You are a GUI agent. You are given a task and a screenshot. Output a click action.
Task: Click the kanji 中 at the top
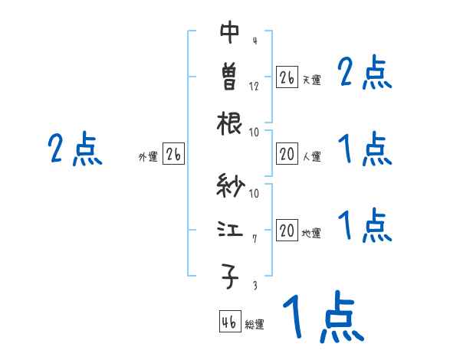coord(230,33)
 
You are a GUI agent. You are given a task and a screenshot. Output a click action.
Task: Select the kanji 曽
coord(230,77)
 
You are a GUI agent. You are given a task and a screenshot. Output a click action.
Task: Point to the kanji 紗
coord(230,186)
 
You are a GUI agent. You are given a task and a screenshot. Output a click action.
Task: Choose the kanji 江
coord(230,231)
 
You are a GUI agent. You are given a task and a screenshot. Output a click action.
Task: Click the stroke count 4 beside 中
coord(254,41)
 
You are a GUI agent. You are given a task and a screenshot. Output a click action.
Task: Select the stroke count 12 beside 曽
coord(254,86)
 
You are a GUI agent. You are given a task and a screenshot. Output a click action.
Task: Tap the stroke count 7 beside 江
coord(254,240)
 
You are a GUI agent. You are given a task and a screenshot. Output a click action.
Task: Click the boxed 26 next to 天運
coord(287,77)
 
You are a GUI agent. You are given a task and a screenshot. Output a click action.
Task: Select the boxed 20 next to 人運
coord(287,155)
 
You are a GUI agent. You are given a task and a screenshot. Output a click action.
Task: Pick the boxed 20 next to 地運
coord(287,231)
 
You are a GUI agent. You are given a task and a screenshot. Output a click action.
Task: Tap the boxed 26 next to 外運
coord(173,155)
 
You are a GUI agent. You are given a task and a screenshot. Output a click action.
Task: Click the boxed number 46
coord(229,322)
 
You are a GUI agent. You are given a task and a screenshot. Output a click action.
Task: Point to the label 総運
coord(255,325)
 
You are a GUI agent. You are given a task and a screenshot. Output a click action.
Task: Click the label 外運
coord(148,157)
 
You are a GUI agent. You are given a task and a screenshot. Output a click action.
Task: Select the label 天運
coord(311,80)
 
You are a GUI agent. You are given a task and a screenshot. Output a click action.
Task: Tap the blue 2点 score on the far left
coord(74,149)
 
